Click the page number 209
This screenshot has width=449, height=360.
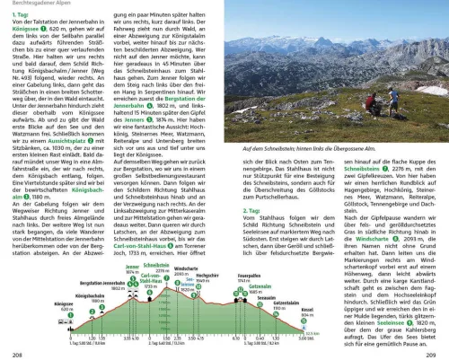(436, 352)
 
